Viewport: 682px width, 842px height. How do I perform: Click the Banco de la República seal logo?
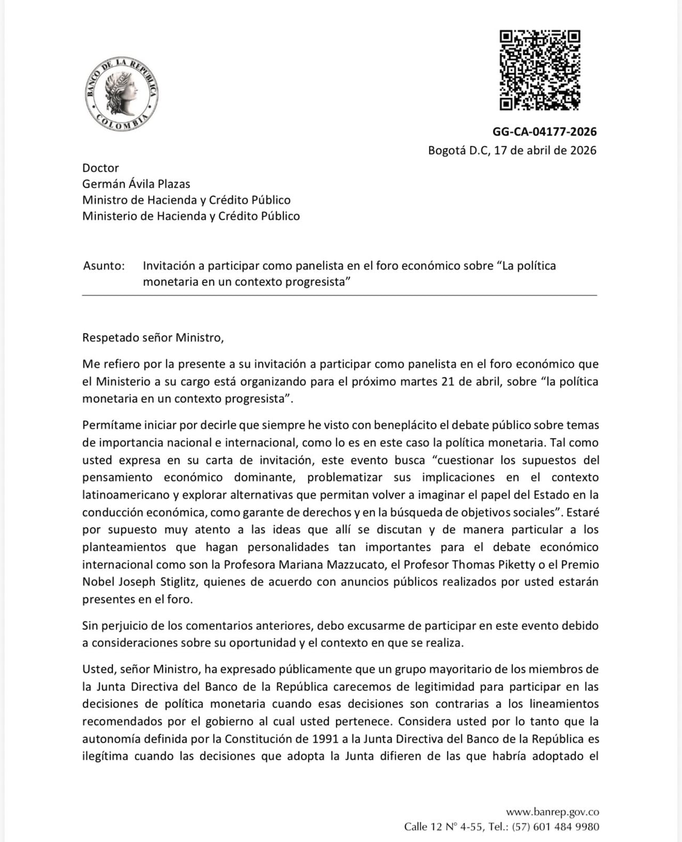point(121,94)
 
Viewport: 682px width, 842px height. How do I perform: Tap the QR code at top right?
point(539,70)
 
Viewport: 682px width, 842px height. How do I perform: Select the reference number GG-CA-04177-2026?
point(544,132)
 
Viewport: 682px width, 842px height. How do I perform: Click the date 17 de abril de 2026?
point(545,150)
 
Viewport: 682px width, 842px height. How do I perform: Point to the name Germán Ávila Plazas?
point(136,184)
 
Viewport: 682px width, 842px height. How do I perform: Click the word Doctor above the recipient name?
point(100,168)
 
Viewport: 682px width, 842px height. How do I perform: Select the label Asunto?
point(104,266)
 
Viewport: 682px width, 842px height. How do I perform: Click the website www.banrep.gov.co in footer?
point(552,812)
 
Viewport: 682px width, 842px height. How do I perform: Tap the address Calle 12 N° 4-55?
point(443,827)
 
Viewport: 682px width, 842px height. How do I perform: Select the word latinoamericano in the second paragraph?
point(126,495)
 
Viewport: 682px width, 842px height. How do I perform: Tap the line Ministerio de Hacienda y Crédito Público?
point(191,216)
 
